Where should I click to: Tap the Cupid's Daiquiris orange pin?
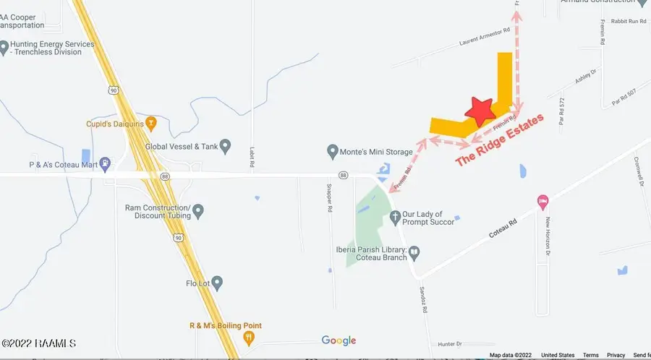click(x=150, y=122)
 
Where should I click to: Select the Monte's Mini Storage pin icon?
click(x=333, y=152)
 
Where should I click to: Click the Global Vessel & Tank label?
click(x=182, y=147)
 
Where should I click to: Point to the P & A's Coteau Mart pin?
click(x=106, y=163)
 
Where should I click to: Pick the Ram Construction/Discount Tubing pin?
click(x=198, y=211)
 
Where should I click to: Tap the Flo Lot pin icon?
click(x=216, y=282)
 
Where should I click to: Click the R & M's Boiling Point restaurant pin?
click(x=250, y=336)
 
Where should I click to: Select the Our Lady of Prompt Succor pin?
click(x=395, y=216)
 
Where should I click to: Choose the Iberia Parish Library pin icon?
click(x=414, y=253)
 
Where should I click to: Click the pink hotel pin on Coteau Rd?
click(x=542, y=200)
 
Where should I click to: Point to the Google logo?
click(x=339, y=340)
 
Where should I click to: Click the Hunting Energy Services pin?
click(x=4, y=48)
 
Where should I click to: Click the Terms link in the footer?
click(x=590, y=355)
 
